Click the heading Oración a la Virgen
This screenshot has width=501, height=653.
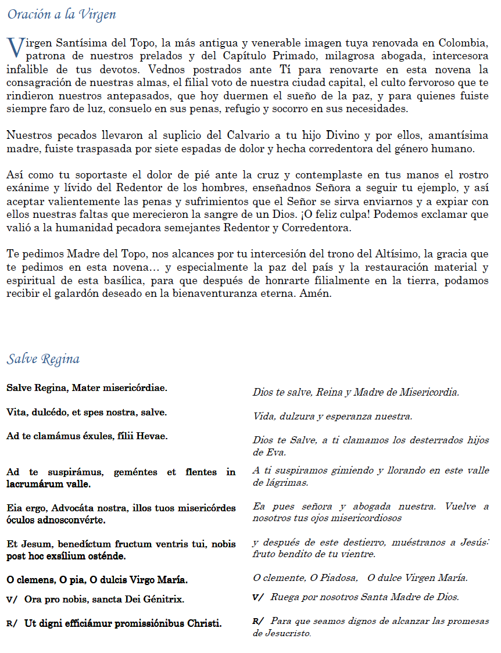62,15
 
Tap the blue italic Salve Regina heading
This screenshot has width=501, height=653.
43,359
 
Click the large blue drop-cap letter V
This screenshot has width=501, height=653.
16,48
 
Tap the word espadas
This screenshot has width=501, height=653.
215,148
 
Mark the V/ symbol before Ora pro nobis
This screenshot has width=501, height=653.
12,599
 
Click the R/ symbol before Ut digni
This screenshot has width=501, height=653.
12,623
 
